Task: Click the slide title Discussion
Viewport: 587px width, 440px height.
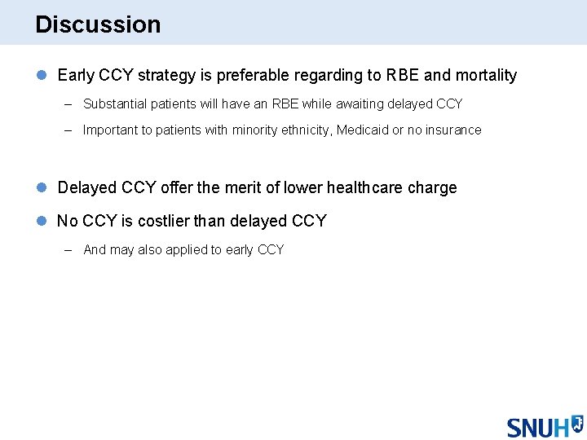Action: click(98, 24)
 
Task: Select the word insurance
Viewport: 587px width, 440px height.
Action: click(452, 130)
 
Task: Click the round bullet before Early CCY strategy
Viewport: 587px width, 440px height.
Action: click(42, 76)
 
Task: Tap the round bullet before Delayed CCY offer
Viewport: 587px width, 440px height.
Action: click(42, 188)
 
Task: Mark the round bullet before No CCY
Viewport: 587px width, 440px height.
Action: click(42, 222)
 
